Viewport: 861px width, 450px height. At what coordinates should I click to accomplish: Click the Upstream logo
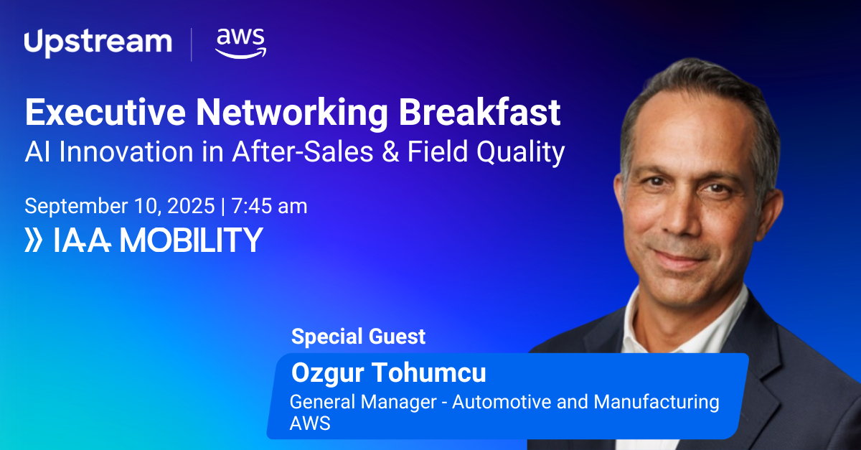pos(98,43)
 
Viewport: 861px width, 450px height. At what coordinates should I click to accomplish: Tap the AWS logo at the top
pos(240,44)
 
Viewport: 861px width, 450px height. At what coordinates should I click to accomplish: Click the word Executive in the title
pos(105,112)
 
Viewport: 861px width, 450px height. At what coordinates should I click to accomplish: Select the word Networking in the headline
pos(292,114)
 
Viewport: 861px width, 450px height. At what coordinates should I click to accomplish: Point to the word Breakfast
pos(480,112)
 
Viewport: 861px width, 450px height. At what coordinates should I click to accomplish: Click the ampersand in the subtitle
pos(390,152)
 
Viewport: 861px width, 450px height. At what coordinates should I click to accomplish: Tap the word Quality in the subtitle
pos(520,154)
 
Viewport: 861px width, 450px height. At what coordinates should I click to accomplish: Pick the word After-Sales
pos(303,151)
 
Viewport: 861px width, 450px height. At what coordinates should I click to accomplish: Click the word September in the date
pos(76,207)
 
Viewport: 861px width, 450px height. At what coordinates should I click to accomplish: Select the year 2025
pos(191,206)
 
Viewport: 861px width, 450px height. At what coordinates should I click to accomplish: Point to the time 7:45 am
pos(269,206)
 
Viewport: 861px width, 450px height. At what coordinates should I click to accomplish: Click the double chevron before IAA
pos(34,240)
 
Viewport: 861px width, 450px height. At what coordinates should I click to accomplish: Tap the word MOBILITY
pos(192,240)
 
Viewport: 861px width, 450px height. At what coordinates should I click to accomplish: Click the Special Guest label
pos(358,337)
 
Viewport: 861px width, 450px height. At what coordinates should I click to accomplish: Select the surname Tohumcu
pos(429,372)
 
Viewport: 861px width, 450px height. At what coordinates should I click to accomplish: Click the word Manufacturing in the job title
pos(656,403)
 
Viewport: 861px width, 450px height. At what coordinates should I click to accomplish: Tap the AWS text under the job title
pos(310,423)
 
